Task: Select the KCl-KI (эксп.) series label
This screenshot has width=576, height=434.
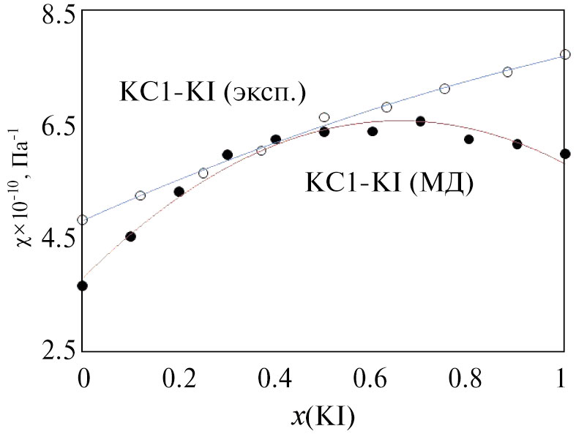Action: [212, 93]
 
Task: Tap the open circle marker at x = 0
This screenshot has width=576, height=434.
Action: [82, 220]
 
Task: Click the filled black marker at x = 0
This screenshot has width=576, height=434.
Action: [82, 285]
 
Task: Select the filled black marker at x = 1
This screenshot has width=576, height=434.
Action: [564, 154]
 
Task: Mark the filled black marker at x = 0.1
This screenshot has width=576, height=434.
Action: [130, 236]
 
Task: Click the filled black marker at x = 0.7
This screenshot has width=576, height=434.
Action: [420, 121]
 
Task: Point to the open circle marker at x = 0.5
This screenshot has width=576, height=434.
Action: [324, 117]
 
